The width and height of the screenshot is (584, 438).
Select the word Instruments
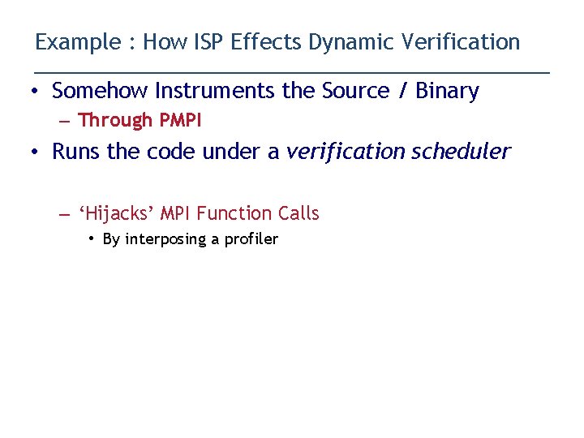coord(218,91)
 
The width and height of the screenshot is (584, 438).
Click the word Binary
coord(447,91)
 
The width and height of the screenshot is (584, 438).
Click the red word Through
coord(115,121)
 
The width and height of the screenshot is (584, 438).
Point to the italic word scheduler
coord(461,152)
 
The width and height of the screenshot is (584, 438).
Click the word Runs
coord(76,152)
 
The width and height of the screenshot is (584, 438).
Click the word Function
coord(234,214)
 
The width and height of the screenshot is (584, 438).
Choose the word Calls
coord(298,214)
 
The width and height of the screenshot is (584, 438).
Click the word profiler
coord(251,239)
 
